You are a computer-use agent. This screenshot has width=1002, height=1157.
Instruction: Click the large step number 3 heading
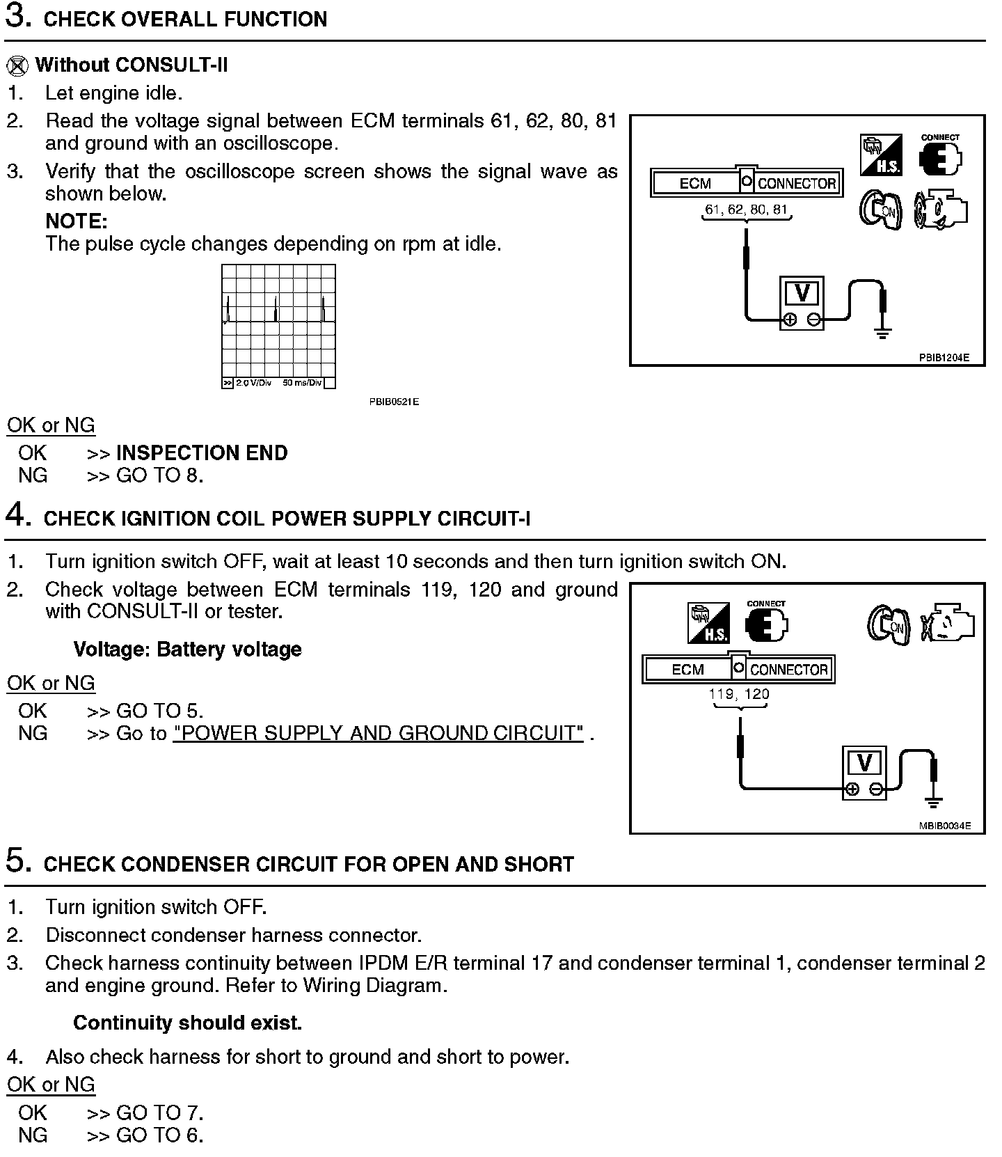(17, 17)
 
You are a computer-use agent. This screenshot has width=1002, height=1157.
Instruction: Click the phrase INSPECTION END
(202, 453)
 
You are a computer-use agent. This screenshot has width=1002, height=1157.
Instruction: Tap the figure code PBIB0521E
(394, 402)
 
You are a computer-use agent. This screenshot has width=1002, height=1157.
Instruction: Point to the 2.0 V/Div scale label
(253, 383)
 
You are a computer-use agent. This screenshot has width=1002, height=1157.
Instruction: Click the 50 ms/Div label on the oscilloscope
(302, 383)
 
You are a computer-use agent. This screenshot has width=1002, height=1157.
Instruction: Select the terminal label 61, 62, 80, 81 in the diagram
(747, 209)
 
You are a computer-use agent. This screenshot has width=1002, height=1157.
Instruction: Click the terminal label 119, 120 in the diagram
(739, 693)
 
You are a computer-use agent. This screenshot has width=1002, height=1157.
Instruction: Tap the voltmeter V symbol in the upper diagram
(802, 293)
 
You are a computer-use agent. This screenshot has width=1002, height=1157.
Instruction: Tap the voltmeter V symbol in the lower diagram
(864, 763)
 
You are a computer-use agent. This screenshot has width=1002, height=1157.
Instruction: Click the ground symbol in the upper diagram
(882, 333)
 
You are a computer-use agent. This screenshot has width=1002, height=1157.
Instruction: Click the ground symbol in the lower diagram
(934, 802)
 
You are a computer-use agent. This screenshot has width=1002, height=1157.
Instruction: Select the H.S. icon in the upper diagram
(881, 155)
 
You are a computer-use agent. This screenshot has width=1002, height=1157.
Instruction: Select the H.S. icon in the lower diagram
(708, 622)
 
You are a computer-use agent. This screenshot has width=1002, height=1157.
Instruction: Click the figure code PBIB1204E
(943, 358)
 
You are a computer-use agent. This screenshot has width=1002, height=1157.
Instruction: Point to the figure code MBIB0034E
(944, 826)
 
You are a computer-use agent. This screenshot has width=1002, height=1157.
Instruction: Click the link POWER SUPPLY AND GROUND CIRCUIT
(378, 733)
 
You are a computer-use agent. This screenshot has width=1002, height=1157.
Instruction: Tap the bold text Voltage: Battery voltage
(187, 650)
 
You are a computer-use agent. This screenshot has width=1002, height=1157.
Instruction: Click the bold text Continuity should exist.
(187, 1023)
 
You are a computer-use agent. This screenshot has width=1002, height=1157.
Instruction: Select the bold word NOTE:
(77, 221)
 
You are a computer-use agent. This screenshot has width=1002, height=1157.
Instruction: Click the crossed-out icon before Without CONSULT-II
(17, 65)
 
